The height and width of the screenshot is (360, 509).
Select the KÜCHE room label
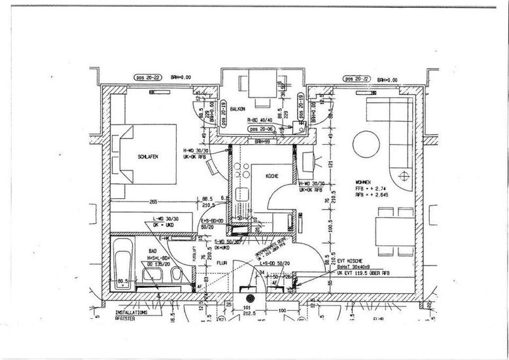pos(273,176)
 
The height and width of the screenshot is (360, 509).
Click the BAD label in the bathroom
pos(152,251)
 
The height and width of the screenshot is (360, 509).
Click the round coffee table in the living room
pos(366,144)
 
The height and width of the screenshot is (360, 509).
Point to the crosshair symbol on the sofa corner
pos(405,175)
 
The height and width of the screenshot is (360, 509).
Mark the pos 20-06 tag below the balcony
pos(261,129)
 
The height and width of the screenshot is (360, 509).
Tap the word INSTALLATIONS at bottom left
pos(132,313)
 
